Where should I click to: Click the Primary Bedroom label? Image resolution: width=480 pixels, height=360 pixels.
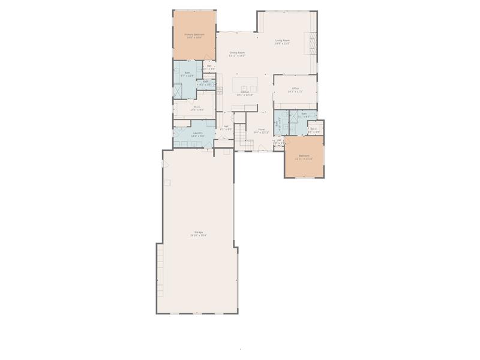click(x=194, y=35)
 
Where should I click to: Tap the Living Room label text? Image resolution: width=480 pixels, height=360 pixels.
click(x=283, y=40)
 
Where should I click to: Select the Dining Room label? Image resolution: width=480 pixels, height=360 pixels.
click(x=237, y=52)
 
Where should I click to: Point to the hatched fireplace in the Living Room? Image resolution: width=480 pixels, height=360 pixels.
click(x=312, y=43)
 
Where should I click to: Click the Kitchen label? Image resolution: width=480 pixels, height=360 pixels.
click(x=245, y=92)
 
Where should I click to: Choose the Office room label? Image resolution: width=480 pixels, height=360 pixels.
click(x=295, y=88)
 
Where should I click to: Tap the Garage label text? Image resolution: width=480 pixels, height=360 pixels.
click(x=198, y=232)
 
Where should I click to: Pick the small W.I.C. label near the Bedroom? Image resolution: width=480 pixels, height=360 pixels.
click(x=314, y=128)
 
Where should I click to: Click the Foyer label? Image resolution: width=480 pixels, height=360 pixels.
click(x=262, y=129)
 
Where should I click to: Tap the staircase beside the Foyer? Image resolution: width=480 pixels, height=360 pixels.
click(x=240, y=137)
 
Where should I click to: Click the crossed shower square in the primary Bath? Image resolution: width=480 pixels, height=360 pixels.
click(x=178, y=91)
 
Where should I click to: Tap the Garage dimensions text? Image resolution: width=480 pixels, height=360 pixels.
click(x=198, y=235)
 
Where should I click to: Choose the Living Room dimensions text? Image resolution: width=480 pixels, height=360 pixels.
click(x=283, y=44)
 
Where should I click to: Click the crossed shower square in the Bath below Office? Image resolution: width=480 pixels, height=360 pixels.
click(x=293, y=118)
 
